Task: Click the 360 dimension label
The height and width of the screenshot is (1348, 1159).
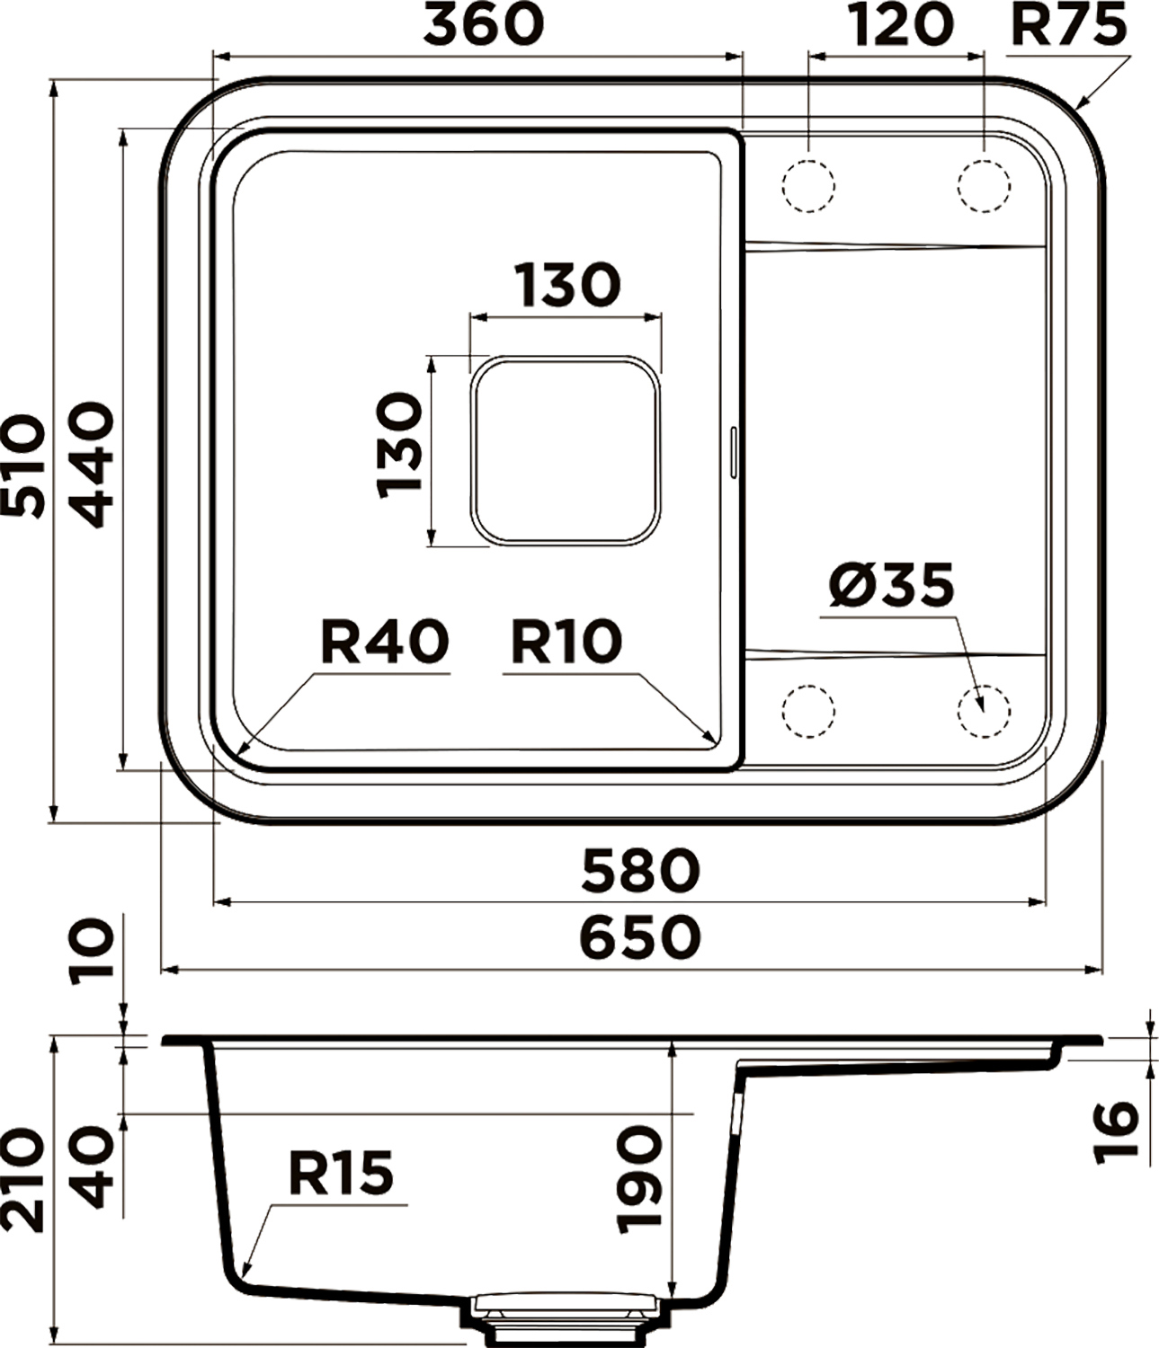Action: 484,25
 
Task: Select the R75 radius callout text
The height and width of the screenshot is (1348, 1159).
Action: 1069,25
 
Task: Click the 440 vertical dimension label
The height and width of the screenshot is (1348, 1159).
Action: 92,464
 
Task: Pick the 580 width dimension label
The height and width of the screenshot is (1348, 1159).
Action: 640,870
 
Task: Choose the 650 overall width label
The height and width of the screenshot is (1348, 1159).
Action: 640,937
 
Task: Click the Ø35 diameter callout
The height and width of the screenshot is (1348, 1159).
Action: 891,584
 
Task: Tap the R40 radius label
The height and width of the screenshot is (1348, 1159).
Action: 384,642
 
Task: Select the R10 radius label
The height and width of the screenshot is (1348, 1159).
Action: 566,642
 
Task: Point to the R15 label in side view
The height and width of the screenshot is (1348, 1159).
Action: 341,1174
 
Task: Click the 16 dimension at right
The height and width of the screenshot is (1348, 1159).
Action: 1115,1132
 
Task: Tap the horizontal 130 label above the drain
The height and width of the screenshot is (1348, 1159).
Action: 567,285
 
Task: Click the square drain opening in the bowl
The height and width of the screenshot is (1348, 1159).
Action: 566,450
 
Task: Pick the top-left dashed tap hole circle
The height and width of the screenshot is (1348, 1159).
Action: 808,186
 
